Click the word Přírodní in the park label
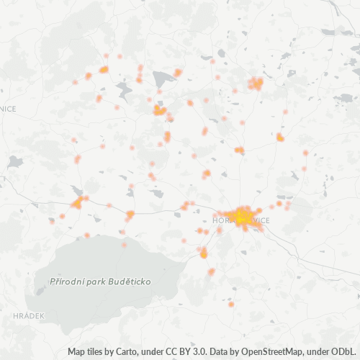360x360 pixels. pyautogui.click(x=69, y=281)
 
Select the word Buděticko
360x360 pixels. pyautogui.click(x=132, y=281)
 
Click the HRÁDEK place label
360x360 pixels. pyautogui.click(x=29, y=315)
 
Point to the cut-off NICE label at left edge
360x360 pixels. pyautogui.click(x=8, y=109)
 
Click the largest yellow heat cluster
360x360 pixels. pyautogui.click(x=243, y=216)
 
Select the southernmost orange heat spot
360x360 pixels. pyautogui.click(x=231, y=305)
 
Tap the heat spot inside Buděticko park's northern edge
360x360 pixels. pyautogui.click(x=124, y=245)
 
